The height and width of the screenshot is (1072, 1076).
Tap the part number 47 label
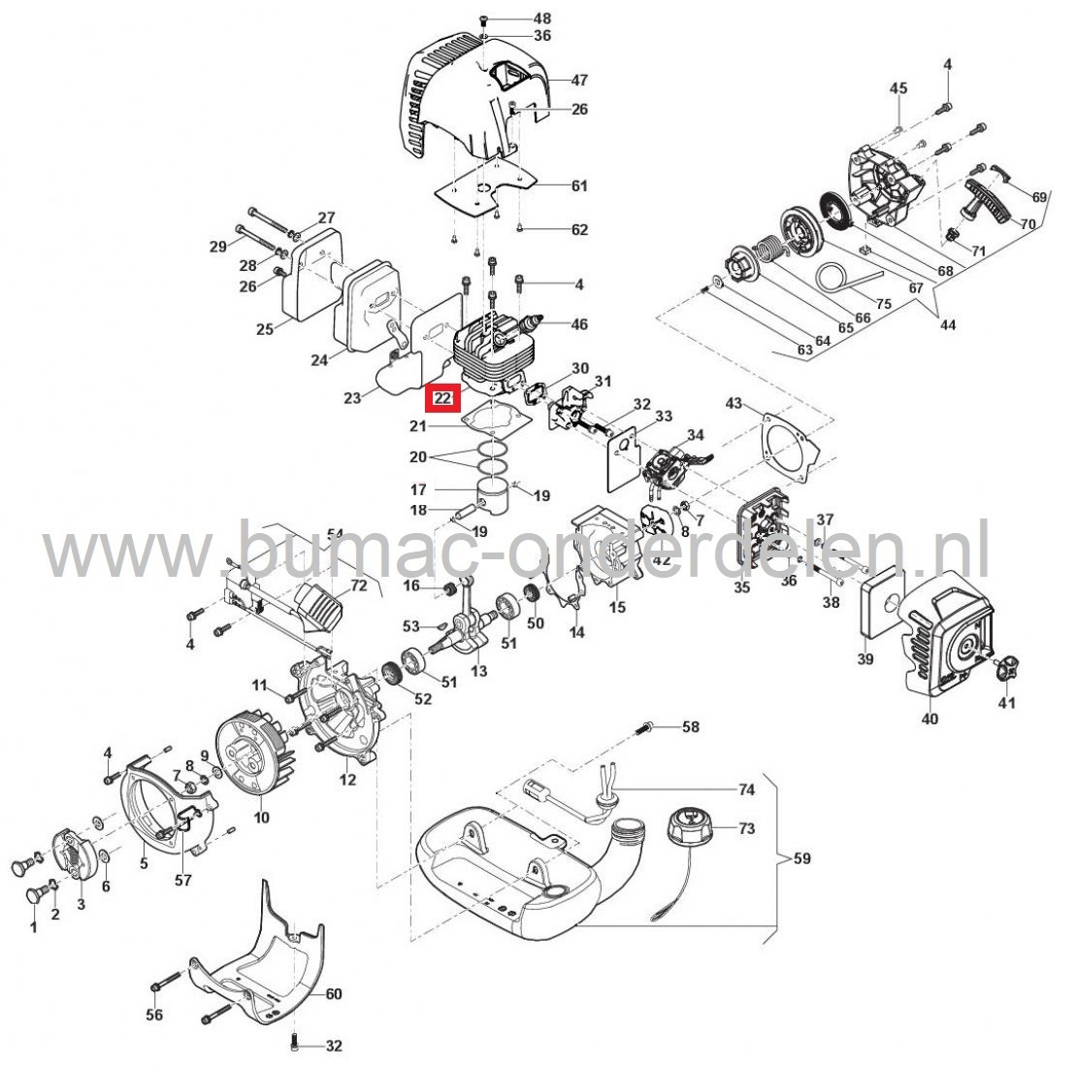(579, 81)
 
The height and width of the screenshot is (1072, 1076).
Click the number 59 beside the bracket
(801, 858)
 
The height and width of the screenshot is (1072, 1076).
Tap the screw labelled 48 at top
(483, 19)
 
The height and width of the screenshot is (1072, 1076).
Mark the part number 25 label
(265, 330)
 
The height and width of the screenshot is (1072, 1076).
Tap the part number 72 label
(358, 586)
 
